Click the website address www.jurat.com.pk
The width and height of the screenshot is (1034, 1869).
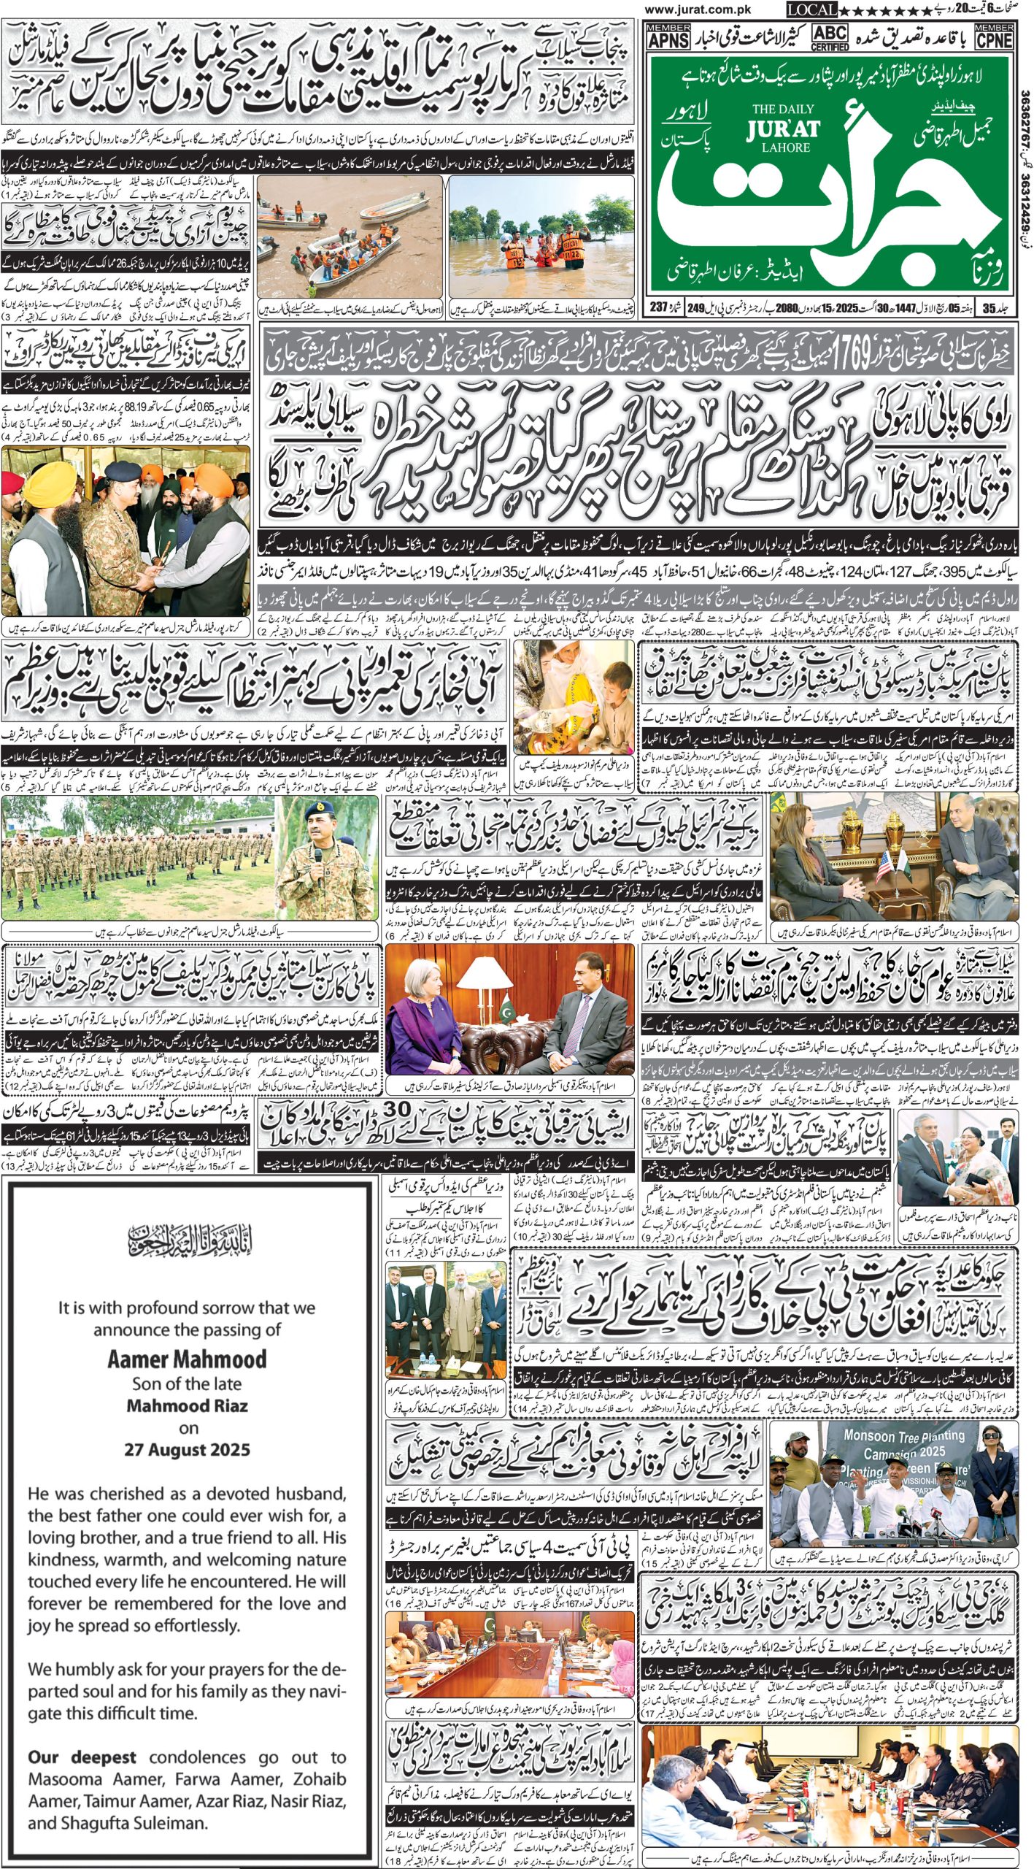click(698, 9)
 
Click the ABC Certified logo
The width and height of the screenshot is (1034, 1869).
click(830, 37)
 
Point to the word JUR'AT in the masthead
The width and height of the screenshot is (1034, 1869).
click(783, 130)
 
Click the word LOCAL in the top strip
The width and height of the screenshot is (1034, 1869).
click(811, 9)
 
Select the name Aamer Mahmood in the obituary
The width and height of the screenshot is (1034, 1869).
click(187, 1359)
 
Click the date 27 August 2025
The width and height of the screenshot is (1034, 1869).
click(187, 1449)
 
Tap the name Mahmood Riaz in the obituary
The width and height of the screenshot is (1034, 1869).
click(187, 1405)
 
